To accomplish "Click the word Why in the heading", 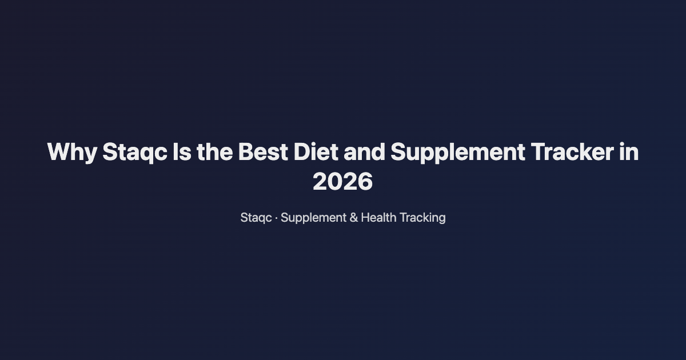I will tap(72, 153).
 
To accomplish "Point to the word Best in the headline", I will tap(262, 153).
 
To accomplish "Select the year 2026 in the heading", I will tap(342, 182).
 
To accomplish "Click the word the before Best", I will tap(215, 153).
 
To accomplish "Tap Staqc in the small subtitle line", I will tap(256, 218).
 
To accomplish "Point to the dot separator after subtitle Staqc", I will tap(277, 218).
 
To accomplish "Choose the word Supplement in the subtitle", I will tap(313, 218).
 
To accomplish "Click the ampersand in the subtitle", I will tap(353, 218).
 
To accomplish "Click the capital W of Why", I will tap(58, 153).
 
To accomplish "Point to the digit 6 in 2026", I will tap(365, 182).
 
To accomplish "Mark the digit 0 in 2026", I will tap(335, 182).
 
